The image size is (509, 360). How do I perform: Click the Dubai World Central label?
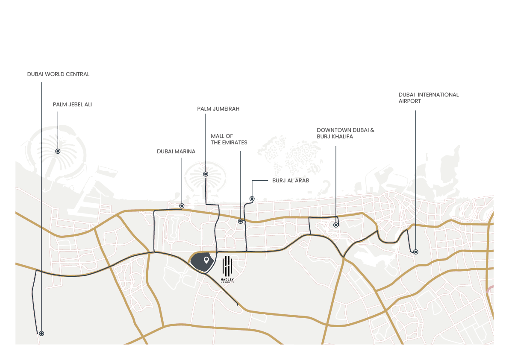tap(58, 74)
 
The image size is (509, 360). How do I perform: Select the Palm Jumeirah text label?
tap(218, 109)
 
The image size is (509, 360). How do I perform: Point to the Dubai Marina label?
tap(176, 152)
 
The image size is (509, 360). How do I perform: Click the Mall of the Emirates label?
tap(229, 139)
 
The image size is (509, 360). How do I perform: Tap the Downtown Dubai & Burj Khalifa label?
tap(345, 133)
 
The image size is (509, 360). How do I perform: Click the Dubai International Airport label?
tap(428, 98)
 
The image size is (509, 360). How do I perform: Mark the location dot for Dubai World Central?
tap(41, 334)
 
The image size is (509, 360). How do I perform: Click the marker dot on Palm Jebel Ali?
tap(58, 151)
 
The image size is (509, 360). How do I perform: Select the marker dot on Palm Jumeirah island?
tap(206, 174)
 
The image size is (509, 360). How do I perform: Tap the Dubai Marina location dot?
tap(182, 206)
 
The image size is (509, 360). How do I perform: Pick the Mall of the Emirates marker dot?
tap(241, 221)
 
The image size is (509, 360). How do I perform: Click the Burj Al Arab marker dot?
tap(252, 199)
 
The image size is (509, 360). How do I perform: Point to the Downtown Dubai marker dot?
tap(336, 225)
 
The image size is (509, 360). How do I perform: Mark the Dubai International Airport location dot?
tap(415, 252)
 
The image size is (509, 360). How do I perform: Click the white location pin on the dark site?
tap(206, 260)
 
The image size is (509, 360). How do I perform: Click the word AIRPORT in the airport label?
tap(410, 102)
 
